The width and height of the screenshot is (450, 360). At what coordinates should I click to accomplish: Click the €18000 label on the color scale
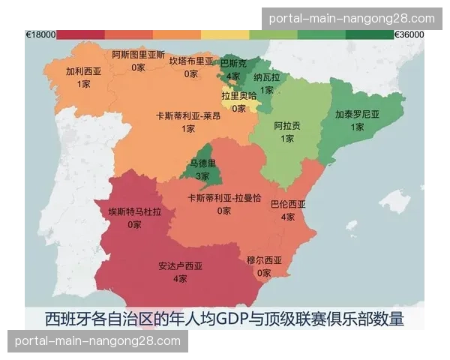point(40,34)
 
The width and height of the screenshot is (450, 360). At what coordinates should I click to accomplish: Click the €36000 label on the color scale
point(409,34)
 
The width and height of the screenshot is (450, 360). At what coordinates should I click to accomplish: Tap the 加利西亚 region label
point(83,72)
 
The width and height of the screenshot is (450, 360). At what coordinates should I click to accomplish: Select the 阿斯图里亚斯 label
point(138,55)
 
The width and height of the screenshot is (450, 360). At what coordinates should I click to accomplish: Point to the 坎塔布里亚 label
point(191,61)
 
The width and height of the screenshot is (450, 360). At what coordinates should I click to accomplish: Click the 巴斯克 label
point(233,64)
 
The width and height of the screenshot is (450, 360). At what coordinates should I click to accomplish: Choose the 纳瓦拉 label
point(267,77)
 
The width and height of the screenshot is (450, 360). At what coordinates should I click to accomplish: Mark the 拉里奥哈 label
point(238,95)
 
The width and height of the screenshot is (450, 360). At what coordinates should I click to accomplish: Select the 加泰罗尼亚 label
point(357,115)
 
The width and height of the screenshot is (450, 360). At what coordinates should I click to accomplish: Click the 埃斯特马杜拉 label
point(134,212)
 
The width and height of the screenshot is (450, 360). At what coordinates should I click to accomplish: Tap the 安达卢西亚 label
point(180,266)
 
